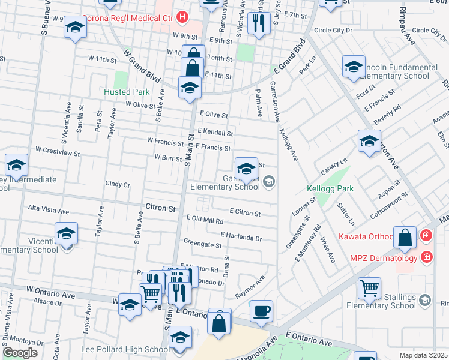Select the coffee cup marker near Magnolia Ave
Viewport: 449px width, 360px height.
tap(261, 311)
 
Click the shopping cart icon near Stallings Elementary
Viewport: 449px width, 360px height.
tap(370, 289)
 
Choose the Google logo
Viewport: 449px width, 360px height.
tap(19, 352)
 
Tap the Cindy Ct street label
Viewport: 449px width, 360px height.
tap(117, 184)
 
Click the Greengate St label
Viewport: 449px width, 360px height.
tap(202, 244)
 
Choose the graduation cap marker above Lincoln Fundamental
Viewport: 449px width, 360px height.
tap(354, 67)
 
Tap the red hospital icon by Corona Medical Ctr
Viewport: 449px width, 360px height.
tap(183, 17)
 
